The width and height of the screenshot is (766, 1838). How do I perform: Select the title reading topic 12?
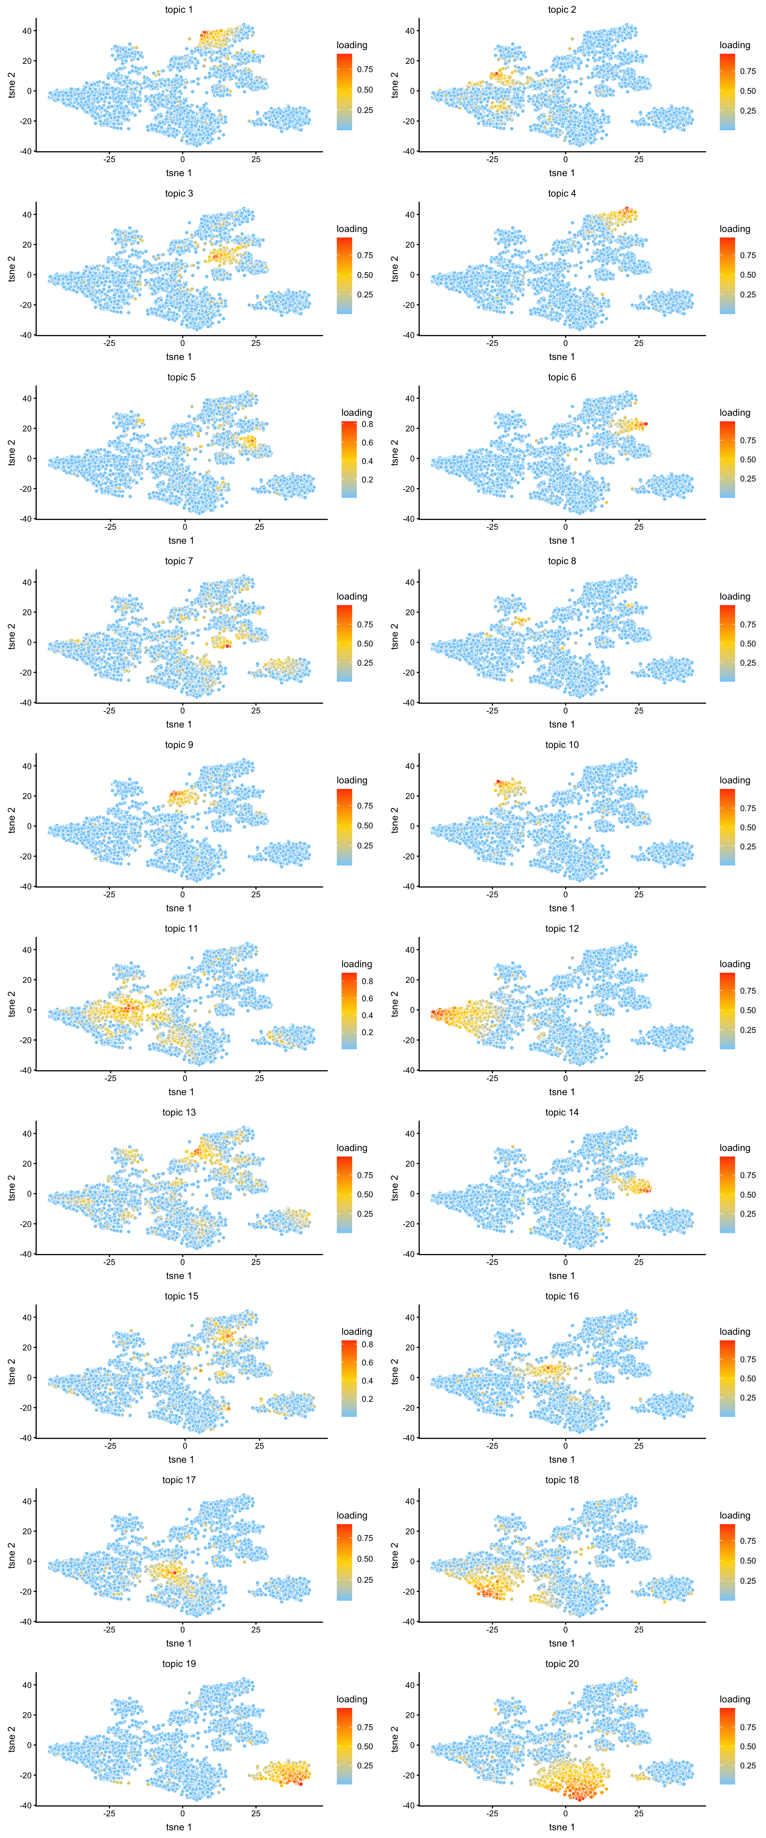[562, 928]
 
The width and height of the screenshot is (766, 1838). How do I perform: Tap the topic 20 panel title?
[562, 1663]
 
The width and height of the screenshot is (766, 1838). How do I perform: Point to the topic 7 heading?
[178, 561]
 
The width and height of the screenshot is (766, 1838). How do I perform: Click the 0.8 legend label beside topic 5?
[367, 424]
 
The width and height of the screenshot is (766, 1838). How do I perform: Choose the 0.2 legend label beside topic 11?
[367, 1032]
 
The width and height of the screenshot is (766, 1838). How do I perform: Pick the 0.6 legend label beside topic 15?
[367, 1362]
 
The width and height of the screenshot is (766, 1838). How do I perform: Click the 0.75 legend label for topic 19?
[365, 1727]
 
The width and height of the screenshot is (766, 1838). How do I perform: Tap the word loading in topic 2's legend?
[735, 45]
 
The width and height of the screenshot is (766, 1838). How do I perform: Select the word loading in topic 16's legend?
[735, 1331]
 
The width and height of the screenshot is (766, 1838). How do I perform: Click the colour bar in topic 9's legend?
[344, 826]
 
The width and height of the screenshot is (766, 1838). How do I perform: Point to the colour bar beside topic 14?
[727, 1194]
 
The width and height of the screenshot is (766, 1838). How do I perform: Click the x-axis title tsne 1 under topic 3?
[178, 357]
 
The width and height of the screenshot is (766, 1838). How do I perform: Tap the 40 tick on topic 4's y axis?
[410, 214]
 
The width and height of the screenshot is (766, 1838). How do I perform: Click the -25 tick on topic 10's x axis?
[492, 894]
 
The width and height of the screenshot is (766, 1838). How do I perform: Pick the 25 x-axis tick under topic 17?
[256, 1629]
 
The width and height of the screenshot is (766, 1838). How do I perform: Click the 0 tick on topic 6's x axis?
[565, 527]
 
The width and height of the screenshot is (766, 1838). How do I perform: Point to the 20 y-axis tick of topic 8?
[410, 612]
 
